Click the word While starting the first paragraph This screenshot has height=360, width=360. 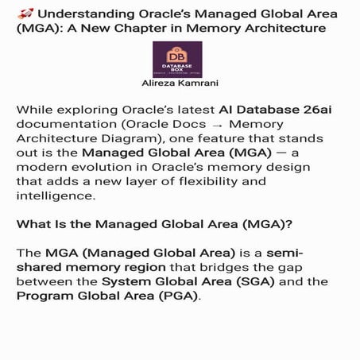36,110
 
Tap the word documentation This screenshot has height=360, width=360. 66,125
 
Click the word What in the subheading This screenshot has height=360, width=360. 36,225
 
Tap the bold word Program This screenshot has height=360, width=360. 45,297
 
